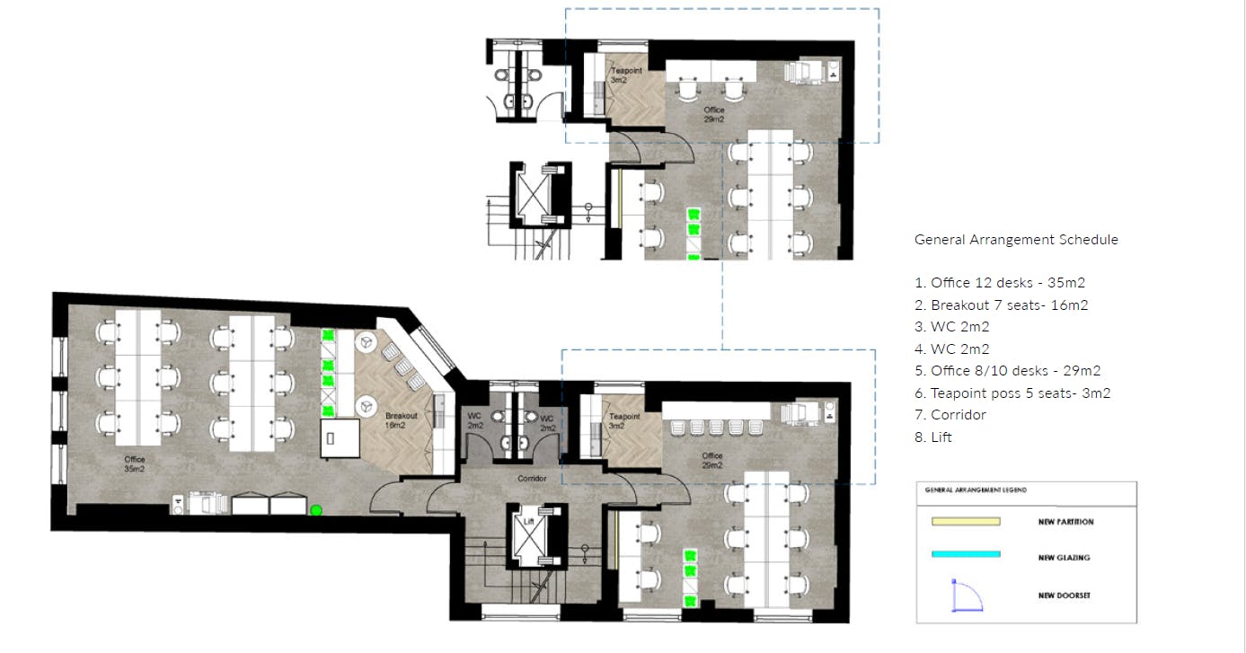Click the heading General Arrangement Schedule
pos(1016,240)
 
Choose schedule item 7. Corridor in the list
pos(950,415)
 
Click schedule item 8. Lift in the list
pos(933,437)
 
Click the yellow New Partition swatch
pos(966,521)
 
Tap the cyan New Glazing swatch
pos(966,554)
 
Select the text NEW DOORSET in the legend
pos(1064,596)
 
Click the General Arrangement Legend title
pos(976,490)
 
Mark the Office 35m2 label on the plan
pos(135,464)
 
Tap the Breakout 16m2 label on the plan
pos(401,421)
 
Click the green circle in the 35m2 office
pos(316,510)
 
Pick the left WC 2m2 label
pos(475,420)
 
